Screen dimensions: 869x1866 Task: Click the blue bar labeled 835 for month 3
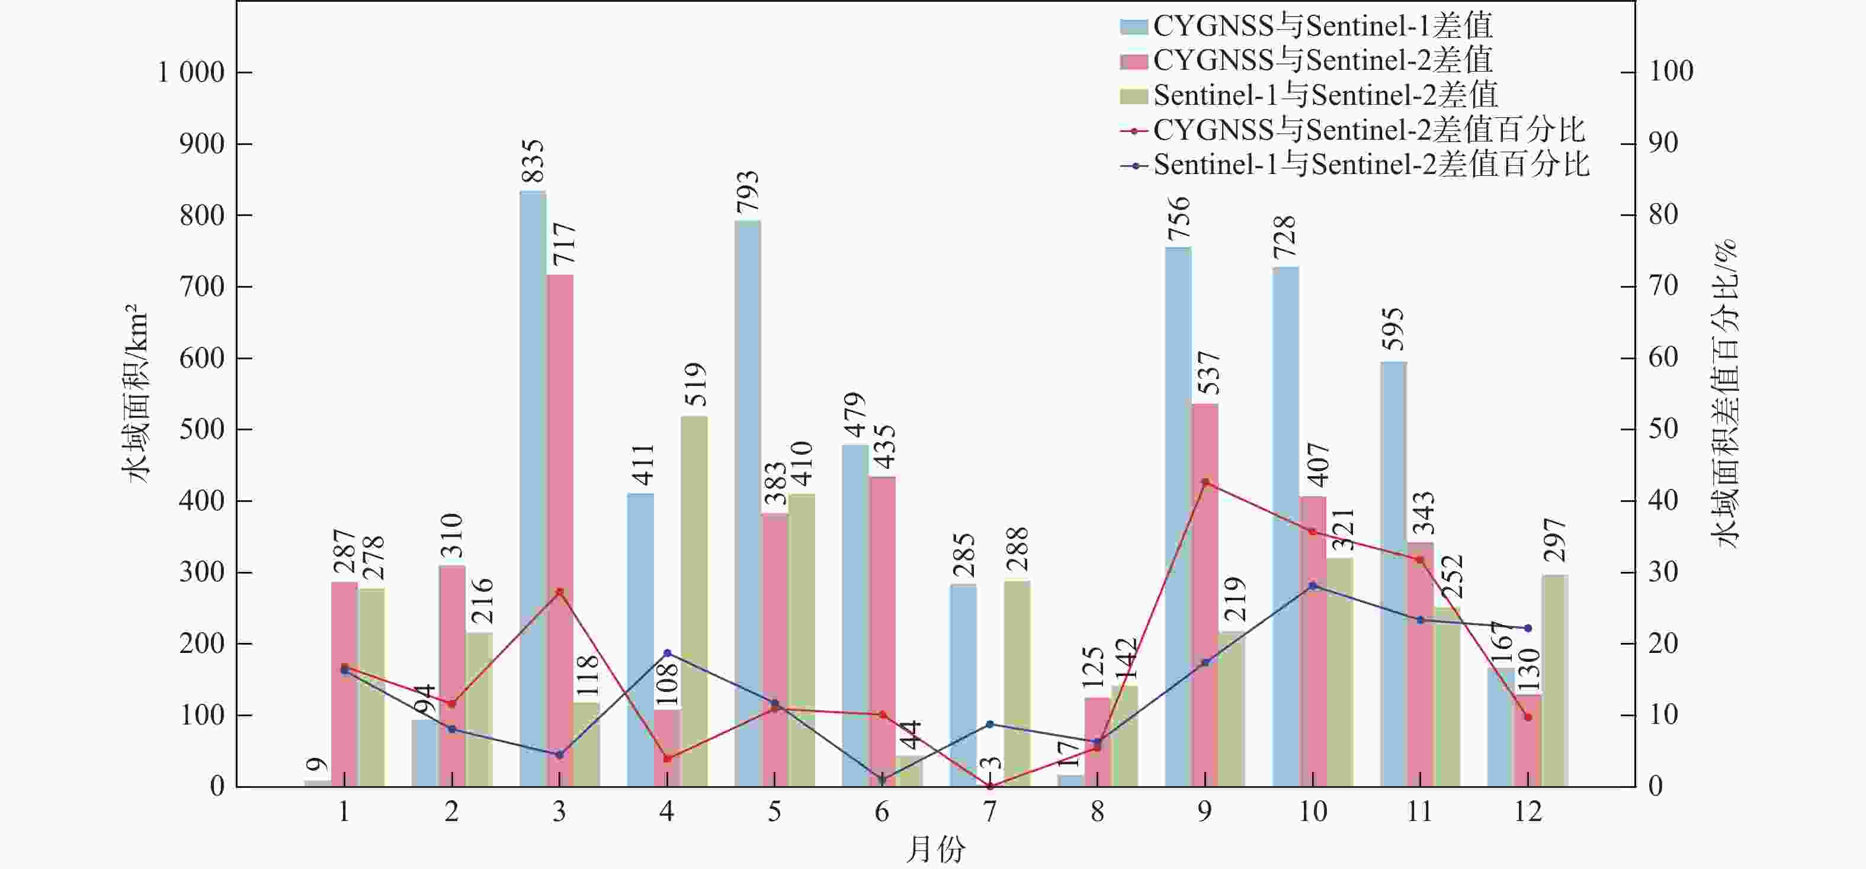point(533,489)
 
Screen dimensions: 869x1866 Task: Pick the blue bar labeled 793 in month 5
point(748,503)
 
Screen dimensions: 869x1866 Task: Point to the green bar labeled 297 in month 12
point(1554,681)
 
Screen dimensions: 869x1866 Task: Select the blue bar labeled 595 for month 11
point(1393,574)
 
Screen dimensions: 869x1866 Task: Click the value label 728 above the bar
point(1284,237)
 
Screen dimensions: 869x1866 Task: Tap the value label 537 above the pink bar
point(1208,373)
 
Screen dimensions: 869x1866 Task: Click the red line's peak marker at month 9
point(1205,482)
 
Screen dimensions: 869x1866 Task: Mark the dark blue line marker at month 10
point(1313,585)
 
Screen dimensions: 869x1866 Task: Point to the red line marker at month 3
point(559,591)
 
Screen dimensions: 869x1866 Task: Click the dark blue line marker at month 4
point(667,652)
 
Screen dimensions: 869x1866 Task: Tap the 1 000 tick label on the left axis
point(191,72)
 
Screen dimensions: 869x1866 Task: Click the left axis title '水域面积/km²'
point(136,395)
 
